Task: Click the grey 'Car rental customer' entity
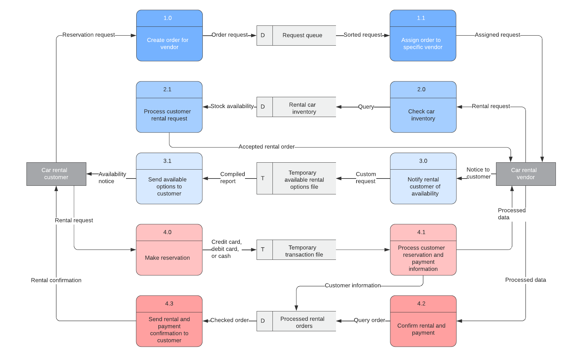point(56,174)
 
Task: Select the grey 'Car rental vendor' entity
point(525,174)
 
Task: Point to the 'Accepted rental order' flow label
point(267,147)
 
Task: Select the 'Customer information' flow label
point(353,285)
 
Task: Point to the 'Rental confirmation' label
point(56,280)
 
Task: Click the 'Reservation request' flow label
point(89,35)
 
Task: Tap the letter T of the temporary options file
point(263,179)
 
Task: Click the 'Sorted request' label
point(363,35)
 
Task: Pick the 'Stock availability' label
point(232,106)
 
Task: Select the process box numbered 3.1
point(169,179)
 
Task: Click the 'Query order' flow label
point(369,320)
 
